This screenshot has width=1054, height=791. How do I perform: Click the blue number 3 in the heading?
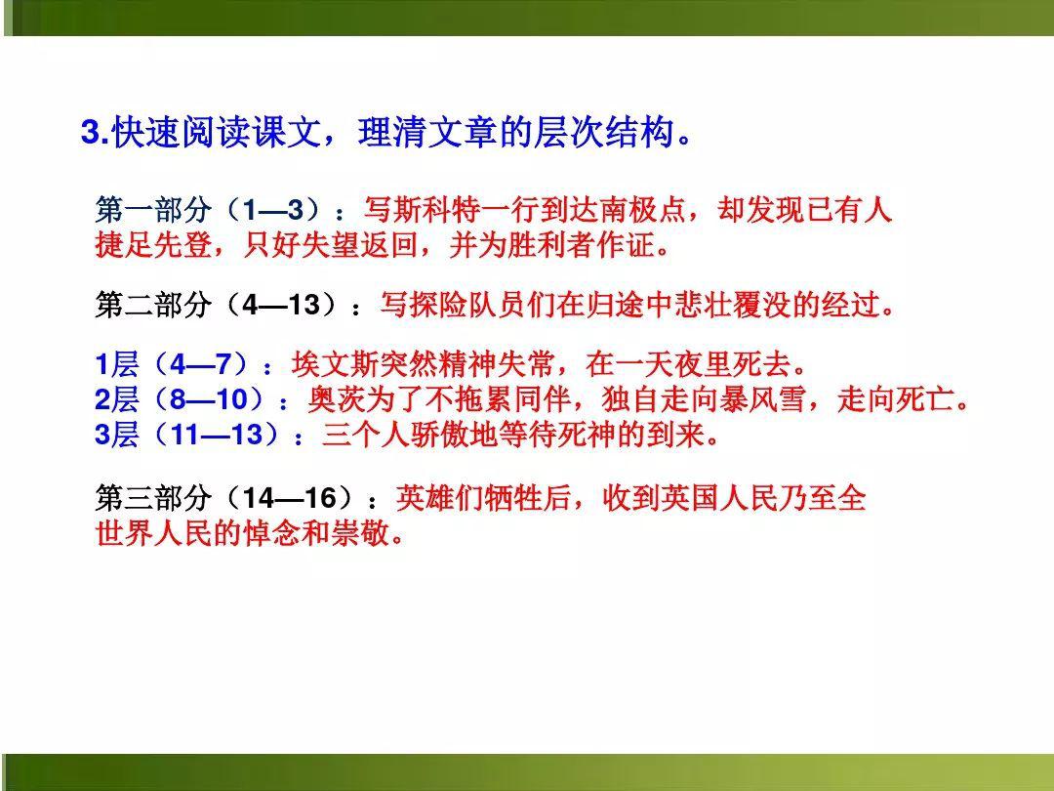tap(91, 132)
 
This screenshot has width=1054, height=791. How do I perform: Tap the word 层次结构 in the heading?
tap(604, 132)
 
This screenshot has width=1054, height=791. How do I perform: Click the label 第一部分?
tap(153, 210)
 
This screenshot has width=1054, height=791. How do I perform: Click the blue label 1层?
tap(117, 365)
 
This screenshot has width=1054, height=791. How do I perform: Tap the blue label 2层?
tap(117, 400)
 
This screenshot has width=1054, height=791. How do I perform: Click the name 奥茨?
tap(337, 400)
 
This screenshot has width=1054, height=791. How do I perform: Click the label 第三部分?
tap(153, 498)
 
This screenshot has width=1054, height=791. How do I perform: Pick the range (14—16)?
tap(290, 498)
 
